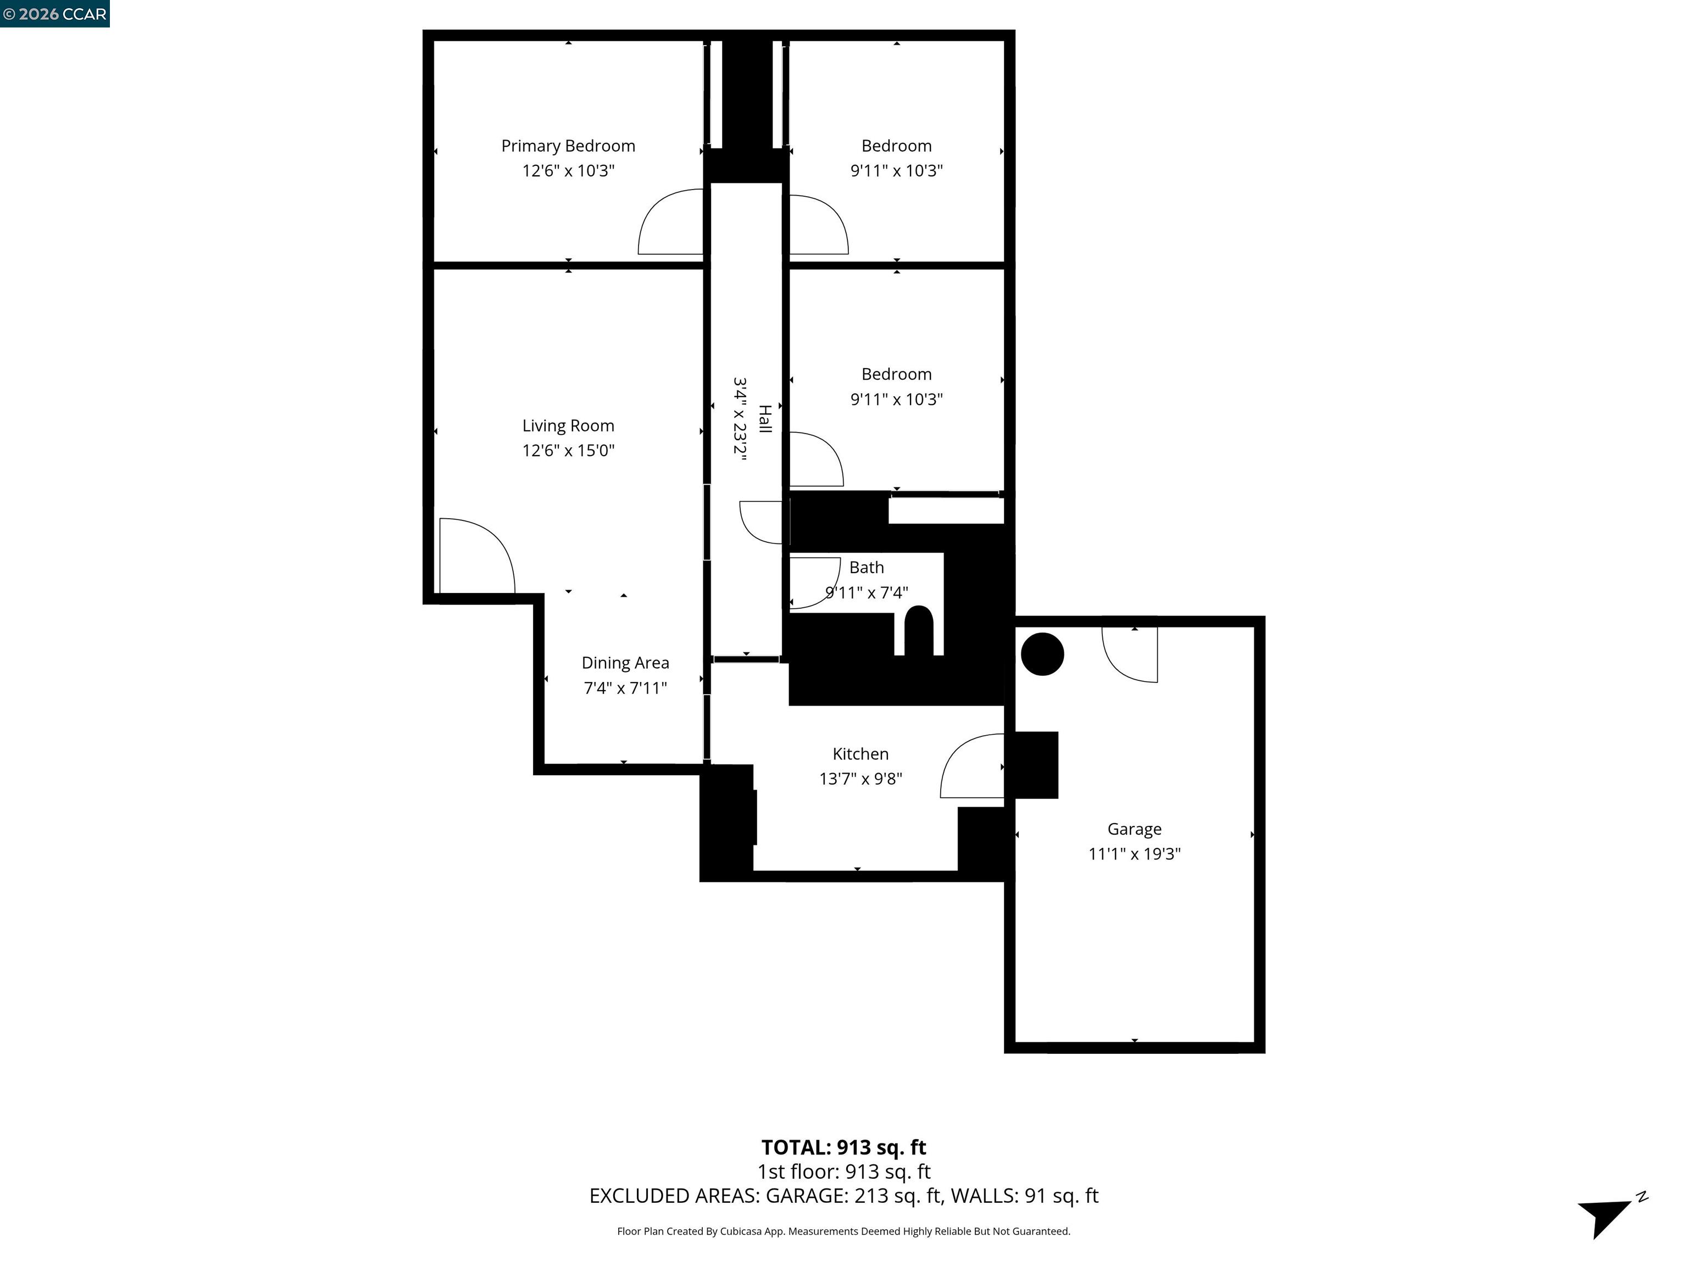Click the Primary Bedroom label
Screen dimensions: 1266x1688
[568, 146]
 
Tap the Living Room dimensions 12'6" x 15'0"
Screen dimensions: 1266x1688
[568, 450]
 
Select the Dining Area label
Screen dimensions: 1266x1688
[625, 663]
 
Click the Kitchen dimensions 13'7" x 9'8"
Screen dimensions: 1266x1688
[860, 779]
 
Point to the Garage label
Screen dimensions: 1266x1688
[1134, 829]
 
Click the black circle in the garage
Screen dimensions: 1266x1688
[1042, 654]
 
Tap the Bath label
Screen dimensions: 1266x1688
[866, 567]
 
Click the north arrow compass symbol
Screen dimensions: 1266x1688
[1606, 1213]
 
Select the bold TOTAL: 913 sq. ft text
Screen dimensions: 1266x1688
[843, 1147]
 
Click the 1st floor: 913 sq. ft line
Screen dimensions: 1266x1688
[843, 1171]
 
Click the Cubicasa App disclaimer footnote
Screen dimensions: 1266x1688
[843, 1231]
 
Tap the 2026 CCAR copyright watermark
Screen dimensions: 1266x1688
[54, 14]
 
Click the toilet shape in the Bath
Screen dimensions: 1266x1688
[918, 630]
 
